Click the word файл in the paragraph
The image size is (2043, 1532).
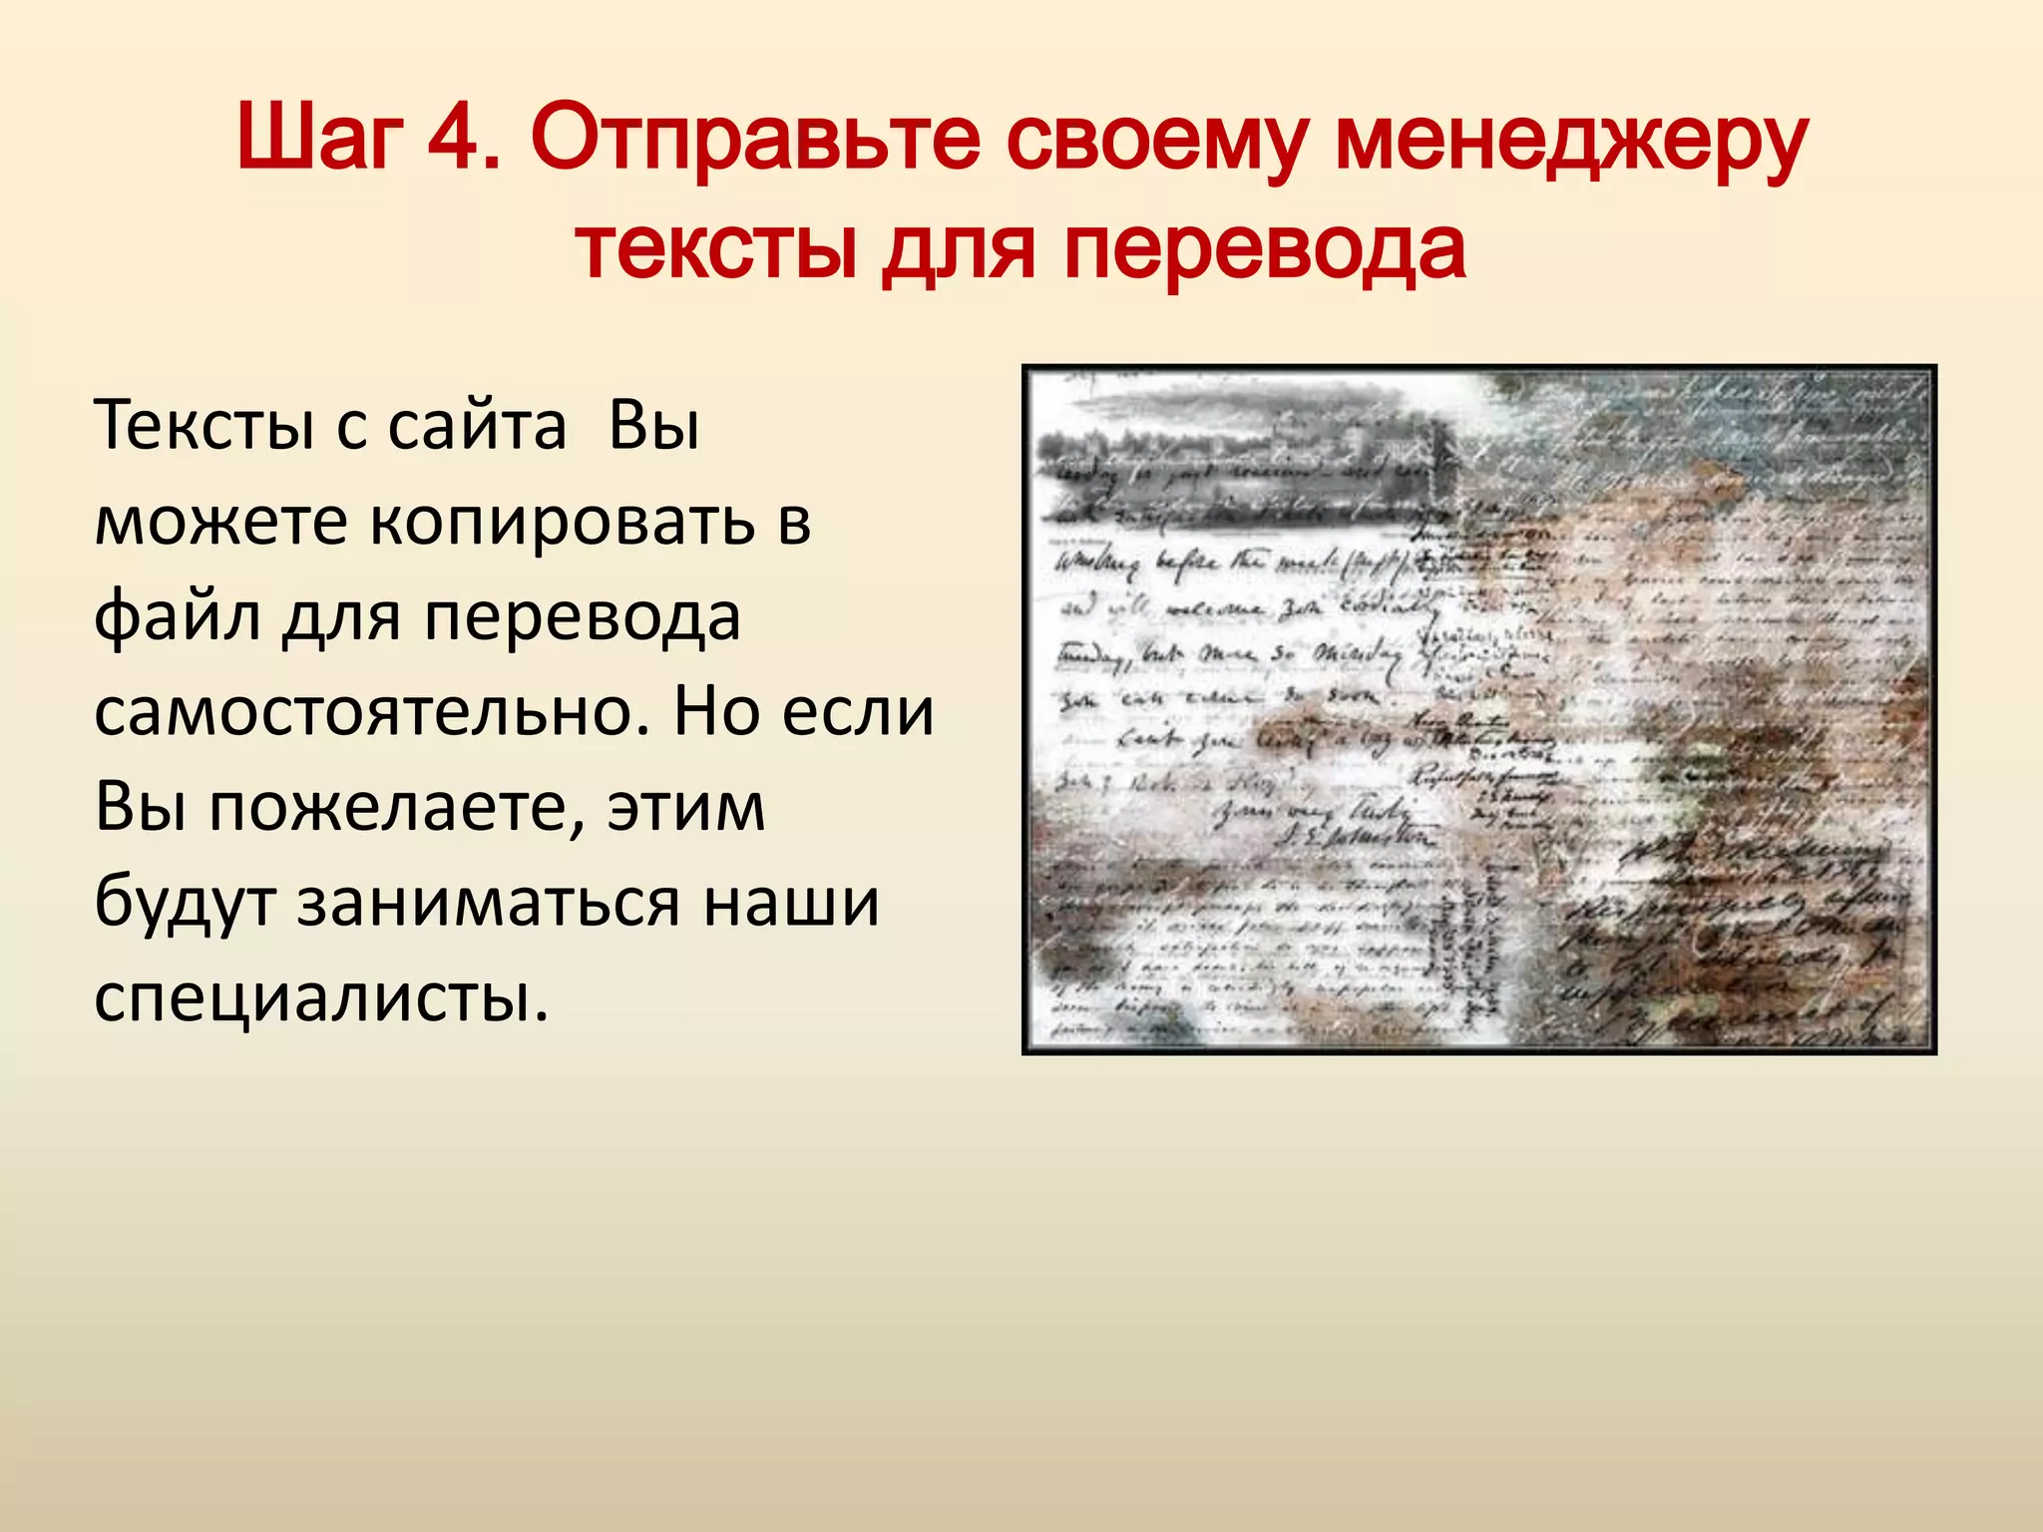(x=177, y=616)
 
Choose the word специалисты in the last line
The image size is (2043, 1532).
(x=321, y=997)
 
